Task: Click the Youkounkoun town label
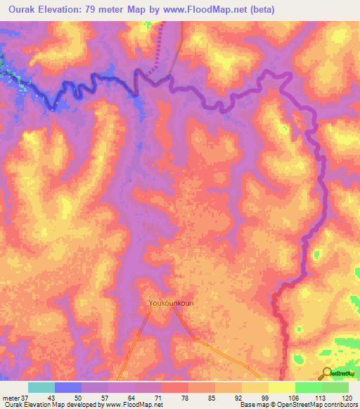point(171,304)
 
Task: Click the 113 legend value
point(320,397)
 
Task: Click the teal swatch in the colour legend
point(41,387)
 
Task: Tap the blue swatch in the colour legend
point(68,387)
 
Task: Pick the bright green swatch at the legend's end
point(335,387)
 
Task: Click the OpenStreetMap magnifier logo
point(326,373)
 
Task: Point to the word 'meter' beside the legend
point(11,397)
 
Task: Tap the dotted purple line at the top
point(157,50)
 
